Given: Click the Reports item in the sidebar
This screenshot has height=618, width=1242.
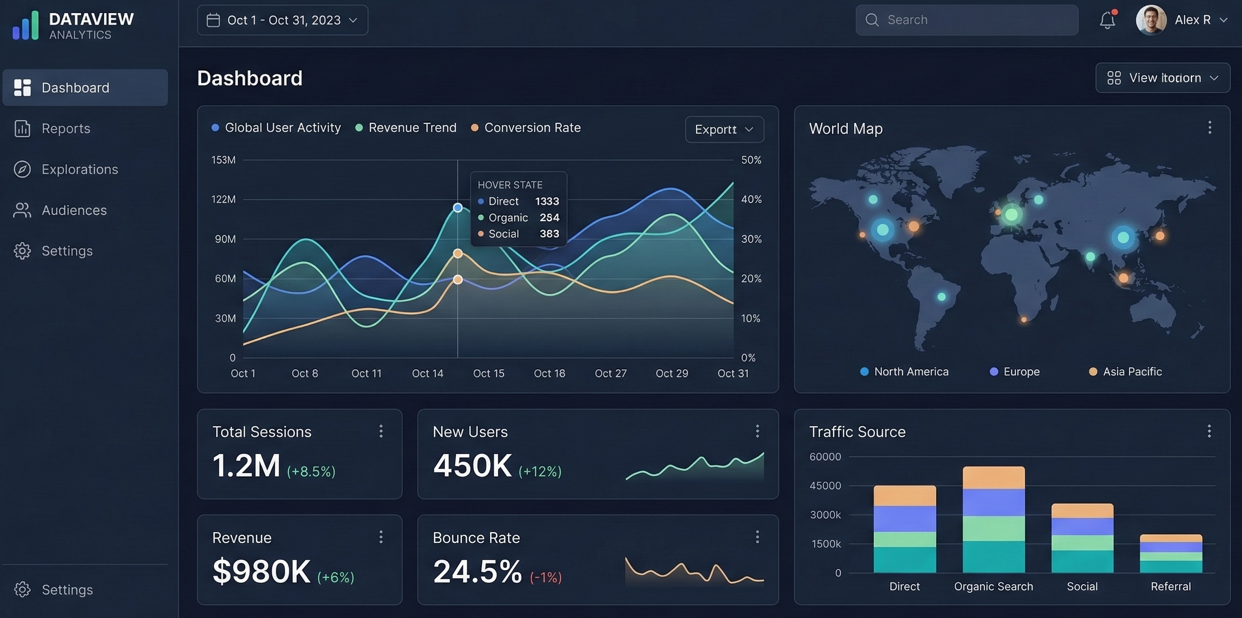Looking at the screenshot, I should (65, 129).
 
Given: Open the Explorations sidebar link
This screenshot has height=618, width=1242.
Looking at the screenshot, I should (79, 169).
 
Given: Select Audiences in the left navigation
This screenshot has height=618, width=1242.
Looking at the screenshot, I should (74, 210).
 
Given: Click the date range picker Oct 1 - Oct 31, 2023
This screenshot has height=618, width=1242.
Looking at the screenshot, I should (283, 20).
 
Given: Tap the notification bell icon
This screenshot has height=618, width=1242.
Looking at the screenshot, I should (1107, 20).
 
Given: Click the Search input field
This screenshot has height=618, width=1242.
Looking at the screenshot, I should (967, 20).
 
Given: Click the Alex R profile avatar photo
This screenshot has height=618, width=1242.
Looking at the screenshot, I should (1151, 20).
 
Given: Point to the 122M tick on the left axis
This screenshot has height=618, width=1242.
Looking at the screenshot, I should (223, 199).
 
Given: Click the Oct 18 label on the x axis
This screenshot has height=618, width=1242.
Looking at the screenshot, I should (549, 374).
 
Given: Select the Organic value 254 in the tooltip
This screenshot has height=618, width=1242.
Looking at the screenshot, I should (549, 217).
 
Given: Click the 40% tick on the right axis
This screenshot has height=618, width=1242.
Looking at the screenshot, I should (751, 199).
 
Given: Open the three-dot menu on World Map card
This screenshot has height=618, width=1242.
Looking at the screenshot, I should (1209, 128).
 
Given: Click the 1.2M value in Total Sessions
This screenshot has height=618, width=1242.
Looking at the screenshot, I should (247, 466).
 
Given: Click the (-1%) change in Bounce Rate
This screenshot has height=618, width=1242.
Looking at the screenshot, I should (546, 577).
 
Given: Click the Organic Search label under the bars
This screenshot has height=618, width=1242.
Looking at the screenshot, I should (993, 587).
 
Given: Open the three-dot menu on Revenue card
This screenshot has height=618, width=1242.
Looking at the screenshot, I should (381, 537).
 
